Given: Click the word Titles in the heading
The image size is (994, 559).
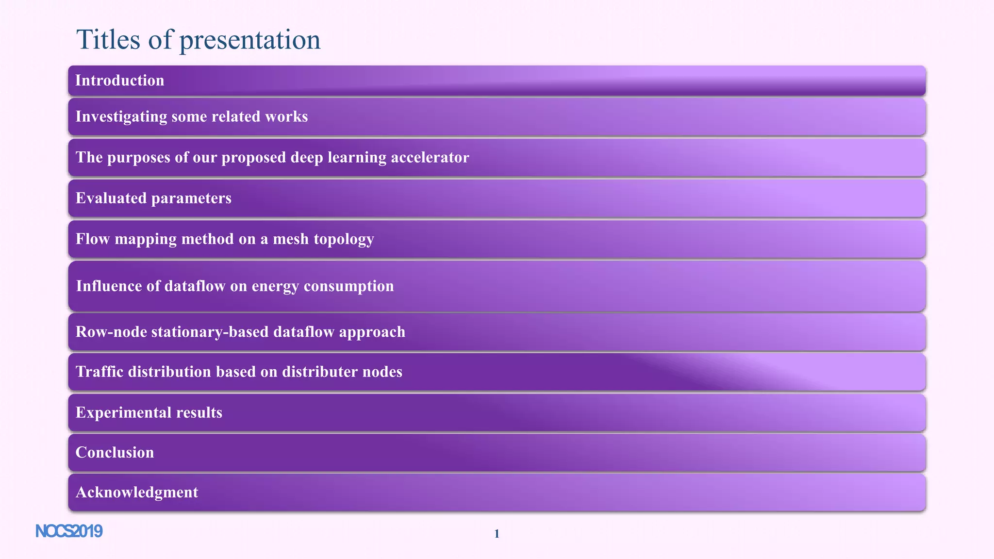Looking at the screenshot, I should tap(108, 40).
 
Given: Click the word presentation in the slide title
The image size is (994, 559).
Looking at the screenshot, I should tap(250, 40).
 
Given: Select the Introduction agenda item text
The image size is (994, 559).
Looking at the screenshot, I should tap(119, 81).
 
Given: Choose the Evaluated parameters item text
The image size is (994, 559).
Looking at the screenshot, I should tap(153, 198).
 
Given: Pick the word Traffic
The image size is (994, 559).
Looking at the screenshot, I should tap(96, 372).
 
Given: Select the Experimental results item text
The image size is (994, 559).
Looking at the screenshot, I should tap(149, 412).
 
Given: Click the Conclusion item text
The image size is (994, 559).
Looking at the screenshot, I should tap(115, 453).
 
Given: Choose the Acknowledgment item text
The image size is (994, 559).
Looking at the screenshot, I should tap(137, 493).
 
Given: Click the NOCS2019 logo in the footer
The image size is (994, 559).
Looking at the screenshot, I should tap(69, 532).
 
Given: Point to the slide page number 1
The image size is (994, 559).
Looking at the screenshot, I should tap(497, 534).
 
